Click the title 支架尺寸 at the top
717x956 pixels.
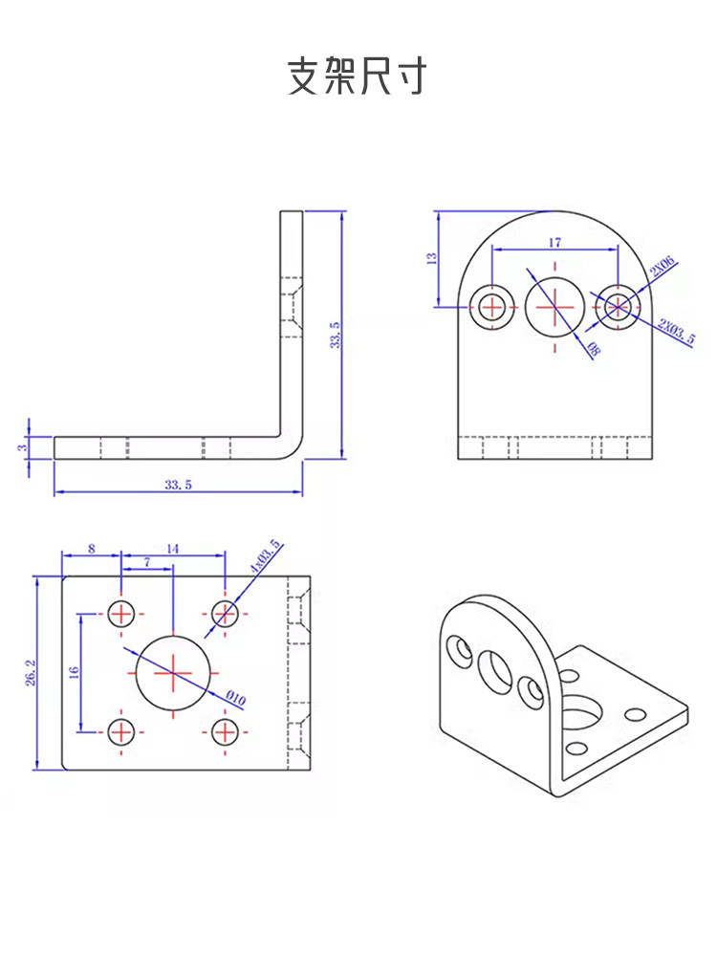(358, 76)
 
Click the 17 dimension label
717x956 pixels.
(554, 243)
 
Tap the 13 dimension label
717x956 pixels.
(432, 258)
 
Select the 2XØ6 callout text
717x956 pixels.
(663, 267)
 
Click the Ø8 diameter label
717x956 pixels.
(593, 349)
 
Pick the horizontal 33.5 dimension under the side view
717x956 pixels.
(178, 485)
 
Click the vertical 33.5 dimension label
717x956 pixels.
(335, 335)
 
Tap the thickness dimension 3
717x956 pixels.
(22, 447)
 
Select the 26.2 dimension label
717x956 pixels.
(31, 672)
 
